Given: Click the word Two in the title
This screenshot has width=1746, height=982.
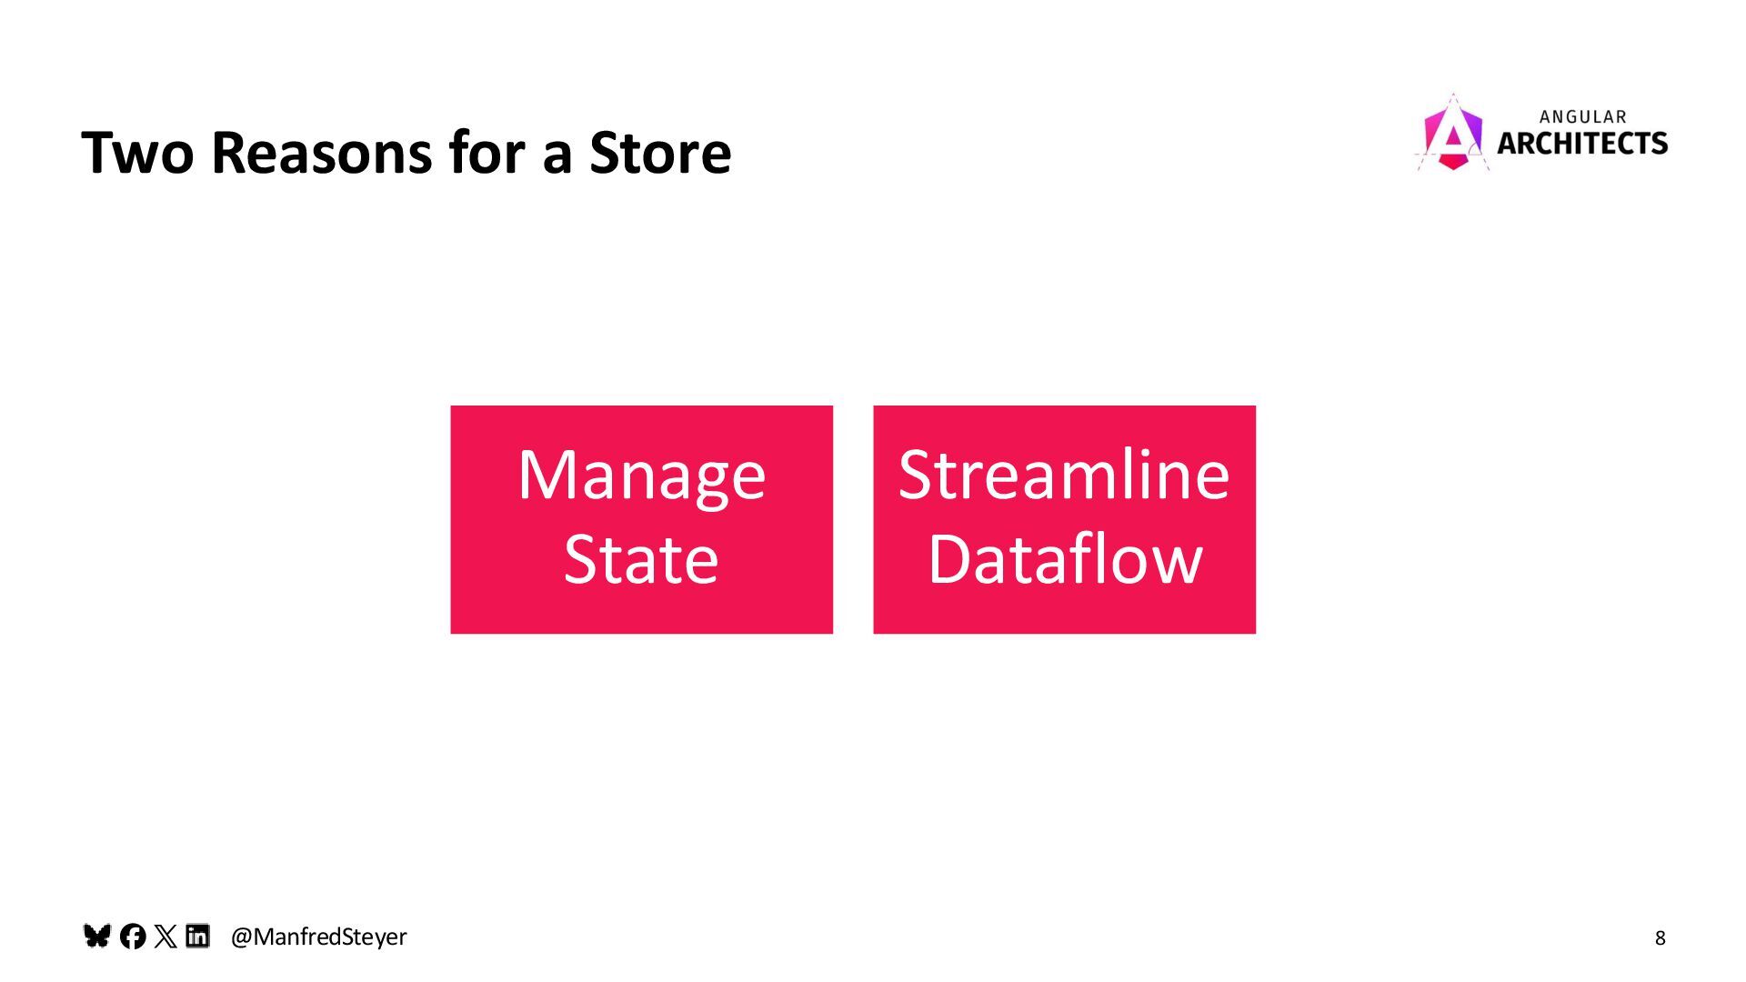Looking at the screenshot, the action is (x=137, y=152).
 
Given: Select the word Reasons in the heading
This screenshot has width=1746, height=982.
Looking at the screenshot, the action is (x=321, y=152).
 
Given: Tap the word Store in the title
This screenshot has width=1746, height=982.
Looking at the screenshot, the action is (x=660, y=152).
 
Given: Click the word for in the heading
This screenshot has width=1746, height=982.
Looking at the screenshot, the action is (x=487, y=152).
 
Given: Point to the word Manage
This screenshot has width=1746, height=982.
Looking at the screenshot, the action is (x=641, y=476).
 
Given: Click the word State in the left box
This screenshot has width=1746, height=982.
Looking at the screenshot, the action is (x=641, y=559).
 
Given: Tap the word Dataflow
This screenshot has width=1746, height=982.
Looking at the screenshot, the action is (x=1065, y=559).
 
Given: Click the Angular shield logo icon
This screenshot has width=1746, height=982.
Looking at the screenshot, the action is (x=1452, y=135).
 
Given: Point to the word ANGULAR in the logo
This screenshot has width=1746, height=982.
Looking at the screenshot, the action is (x=1582, y=117).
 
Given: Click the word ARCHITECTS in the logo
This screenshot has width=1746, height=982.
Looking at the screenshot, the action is (x=1582, y=144).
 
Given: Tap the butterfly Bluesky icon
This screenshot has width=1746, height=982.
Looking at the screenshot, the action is (x=96, y=936).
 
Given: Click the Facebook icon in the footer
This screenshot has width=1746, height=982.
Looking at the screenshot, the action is (x=133, y=937).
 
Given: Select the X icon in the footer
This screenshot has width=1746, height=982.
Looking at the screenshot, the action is (x=166, y=937).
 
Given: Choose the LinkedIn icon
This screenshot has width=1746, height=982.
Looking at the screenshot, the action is (x=197, y=936).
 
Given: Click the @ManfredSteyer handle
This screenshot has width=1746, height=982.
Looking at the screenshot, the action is (x=318, y=937).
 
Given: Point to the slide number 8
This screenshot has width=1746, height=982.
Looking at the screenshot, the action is (x=1660, y=938).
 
